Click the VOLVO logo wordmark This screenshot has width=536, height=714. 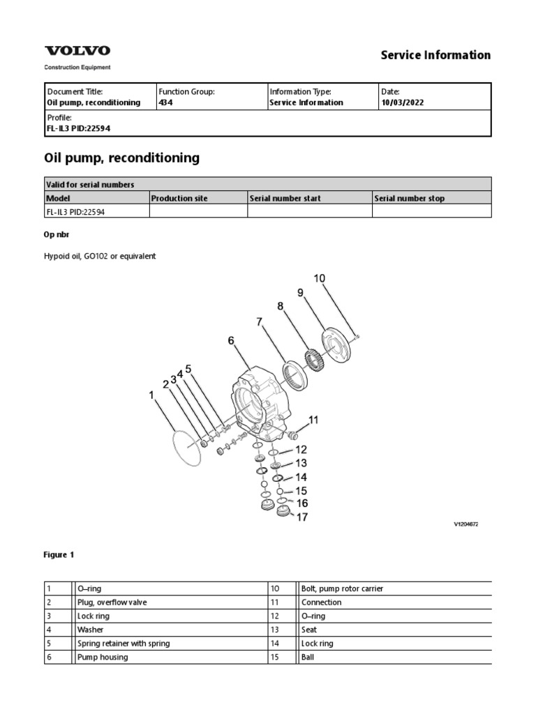click(77, 51)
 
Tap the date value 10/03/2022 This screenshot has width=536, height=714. click(402, 102)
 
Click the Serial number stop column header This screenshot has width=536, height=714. click(409, 199)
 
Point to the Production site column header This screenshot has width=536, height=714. click(179, 199)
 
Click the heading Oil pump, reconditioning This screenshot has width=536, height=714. click(121, 158)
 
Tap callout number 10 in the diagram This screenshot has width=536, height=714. click(319, 279)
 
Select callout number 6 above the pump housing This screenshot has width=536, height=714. click(231, 340)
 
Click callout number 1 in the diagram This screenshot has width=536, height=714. click(151, 395)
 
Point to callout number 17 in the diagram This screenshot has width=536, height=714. click(302, 517)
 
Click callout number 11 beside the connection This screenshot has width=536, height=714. click(313, 420)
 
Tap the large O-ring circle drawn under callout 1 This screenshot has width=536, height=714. click(186, 447)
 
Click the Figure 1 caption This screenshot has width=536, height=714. click(59, 555)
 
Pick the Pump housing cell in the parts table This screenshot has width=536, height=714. click(103, 657)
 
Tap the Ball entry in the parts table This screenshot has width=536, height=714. click(308, 657)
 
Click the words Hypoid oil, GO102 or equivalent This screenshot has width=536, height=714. click(100, 256)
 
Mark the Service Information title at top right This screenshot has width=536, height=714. click(435, 55)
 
